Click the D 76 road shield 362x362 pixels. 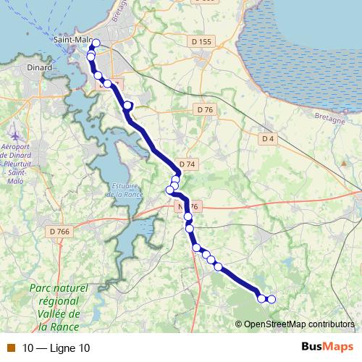(x=205, y=109)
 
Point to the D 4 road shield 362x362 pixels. (x=268, y=138)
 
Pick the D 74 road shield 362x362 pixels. (x=187, y=164)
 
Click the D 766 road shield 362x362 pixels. (x=60, y=231)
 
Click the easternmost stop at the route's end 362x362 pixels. (x=271, y=299)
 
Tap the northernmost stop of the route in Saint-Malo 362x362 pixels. (x=96, y=43)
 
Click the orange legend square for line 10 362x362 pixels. (x=9, y=348)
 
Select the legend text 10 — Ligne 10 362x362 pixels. (x=56, y=348)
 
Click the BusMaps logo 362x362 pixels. (x=327, y=347)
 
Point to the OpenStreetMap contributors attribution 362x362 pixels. (x=298, y=324)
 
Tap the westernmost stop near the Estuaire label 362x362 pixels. (x=170, y=190)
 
